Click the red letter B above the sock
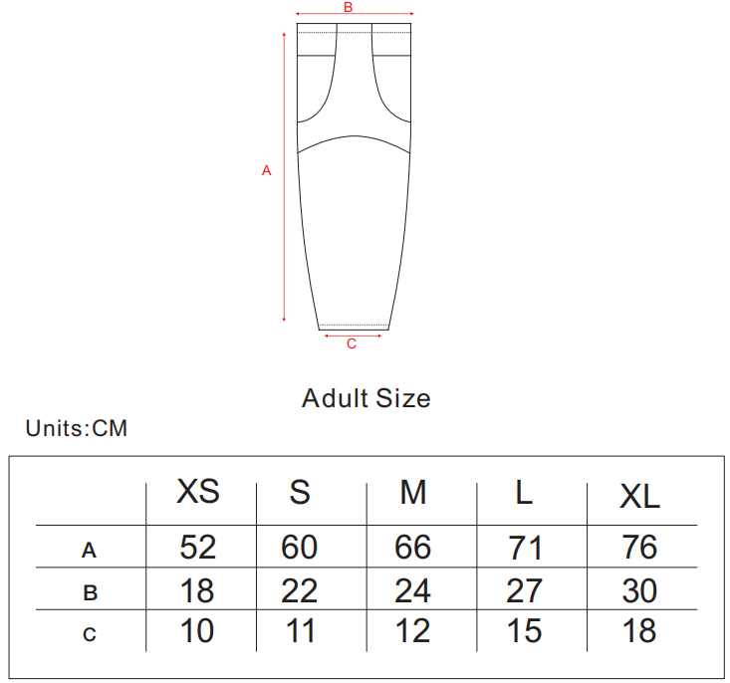coord(349,7)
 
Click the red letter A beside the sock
coord(266,170)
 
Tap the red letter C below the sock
coord(352,343)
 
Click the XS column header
coord(198,491)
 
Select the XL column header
coord(639,496)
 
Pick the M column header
coord(413,492)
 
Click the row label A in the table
coord(89,551)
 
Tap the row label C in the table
coord(90,634)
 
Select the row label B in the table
coord(90,592)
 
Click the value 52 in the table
coord(198,547)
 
